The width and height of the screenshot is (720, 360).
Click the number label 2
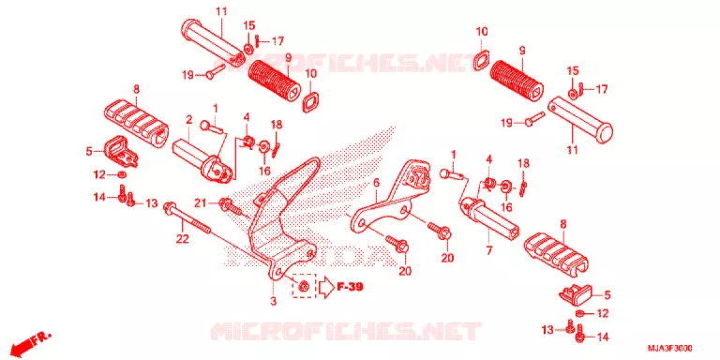[x=188, y=120]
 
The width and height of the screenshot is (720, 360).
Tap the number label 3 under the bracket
[x=273, y=302]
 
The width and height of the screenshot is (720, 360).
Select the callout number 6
[x=376, y=184]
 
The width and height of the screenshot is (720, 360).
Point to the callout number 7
[x=489, y=250]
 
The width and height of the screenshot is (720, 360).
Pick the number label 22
[x=183, y=239]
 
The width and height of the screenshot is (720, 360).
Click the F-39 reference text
[x=351, y=288]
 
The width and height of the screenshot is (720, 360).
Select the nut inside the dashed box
[x=303, y=287]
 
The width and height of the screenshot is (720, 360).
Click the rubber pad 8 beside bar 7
[x=558, y=255]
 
